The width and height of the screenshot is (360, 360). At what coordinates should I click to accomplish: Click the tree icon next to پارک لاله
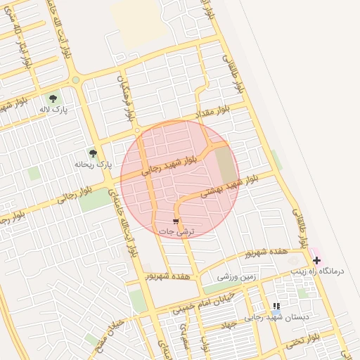pyautogui.click(x=53, y=98)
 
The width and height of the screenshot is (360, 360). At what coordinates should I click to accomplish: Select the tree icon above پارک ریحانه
pyautogui.click(x=92, y=153)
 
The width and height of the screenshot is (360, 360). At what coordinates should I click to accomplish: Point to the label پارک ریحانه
pyautogui.click(x=94, y=165)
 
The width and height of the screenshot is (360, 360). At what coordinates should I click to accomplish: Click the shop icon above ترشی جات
pyautogui.click(x=175, y=221)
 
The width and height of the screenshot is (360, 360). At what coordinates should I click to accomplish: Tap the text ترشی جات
pyautogui.click(x=176, y=231)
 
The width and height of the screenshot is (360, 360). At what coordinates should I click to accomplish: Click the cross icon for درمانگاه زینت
pyautogui.click(x=316, y=260)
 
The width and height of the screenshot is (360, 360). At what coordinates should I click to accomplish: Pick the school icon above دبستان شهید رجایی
pyautogui.click(x=276, y=307)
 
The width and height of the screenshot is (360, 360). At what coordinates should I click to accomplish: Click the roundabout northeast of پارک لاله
pyautogui.click(x=76, y=80)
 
